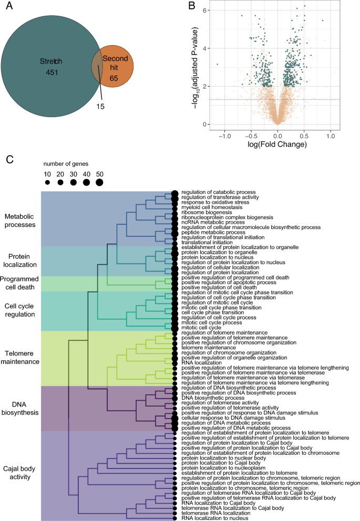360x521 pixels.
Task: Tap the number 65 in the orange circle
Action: (114, 78)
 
